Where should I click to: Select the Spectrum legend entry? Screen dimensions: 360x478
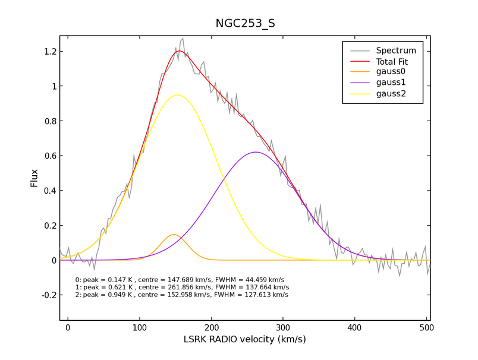coord(400,50)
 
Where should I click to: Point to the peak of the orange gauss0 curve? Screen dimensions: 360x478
coord(174,235)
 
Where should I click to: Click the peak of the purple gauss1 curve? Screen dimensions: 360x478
coord(256,152)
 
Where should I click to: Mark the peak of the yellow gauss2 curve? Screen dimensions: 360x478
coord(177,95)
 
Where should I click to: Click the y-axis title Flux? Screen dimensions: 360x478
coord(35,178)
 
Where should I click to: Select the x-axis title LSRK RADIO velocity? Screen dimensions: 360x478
coord(245,340)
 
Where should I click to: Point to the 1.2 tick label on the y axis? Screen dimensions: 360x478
coord(49,52)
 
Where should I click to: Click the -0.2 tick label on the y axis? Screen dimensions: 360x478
coord(47,295)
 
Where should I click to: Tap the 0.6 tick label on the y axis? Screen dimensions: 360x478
coord(49,156)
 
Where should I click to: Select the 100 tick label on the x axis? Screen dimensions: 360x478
coord(139,327)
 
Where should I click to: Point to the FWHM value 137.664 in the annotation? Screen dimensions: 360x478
coord(259,287)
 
